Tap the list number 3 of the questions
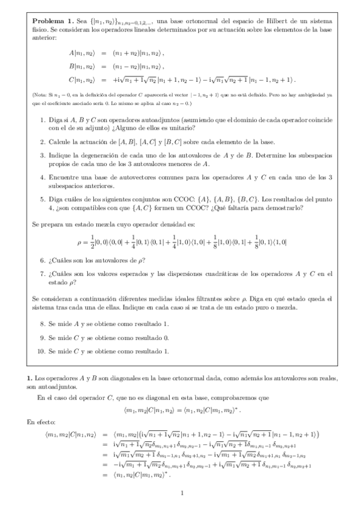pyautogui.click(x=42, y=155)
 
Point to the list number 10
pyautogui.click(x=41, y=350)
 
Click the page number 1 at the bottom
pyautogui.click(x=182, y=493)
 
